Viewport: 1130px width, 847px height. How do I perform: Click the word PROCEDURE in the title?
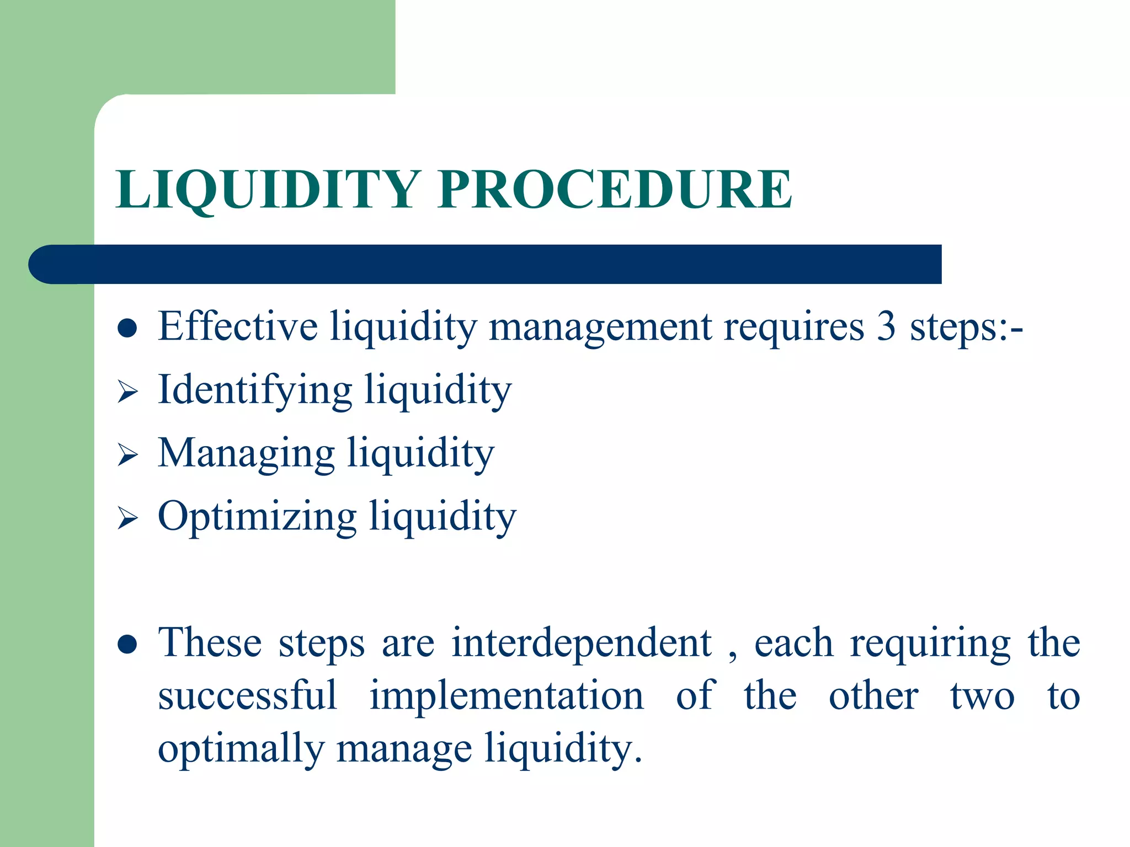615,189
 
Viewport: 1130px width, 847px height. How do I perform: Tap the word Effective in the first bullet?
238,326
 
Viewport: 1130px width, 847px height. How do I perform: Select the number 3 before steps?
886,326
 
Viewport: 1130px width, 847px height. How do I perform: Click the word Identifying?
255,390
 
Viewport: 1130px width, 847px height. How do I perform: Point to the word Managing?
246,454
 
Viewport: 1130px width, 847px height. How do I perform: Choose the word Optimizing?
257,517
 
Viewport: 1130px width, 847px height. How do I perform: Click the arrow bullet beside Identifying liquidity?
127,392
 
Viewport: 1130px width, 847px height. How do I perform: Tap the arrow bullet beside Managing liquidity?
127,455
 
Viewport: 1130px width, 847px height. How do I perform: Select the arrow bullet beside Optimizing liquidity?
127,519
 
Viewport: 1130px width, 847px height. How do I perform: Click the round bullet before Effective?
127,328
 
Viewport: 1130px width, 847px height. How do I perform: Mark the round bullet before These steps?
127,645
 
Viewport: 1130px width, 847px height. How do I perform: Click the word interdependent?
582,643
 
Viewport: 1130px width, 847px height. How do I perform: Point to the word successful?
248,696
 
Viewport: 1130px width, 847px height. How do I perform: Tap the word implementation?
507,696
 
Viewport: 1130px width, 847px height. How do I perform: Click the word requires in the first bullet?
793,328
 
